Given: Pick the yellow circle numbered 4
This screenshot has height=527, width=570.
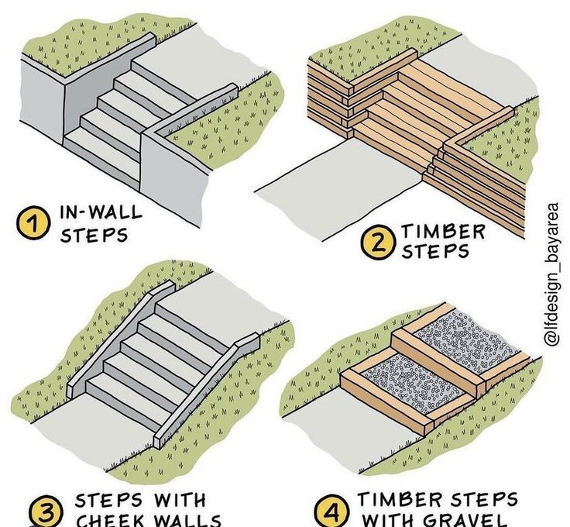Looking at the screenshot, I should tap(334, 512).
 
